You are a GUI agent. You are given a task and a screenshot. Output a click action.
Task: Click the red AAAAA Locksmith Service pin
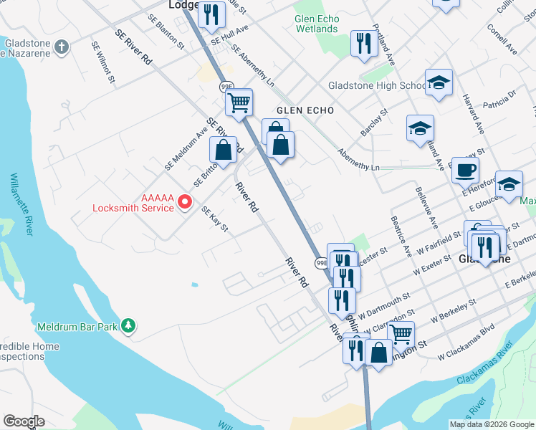tap(184, 202)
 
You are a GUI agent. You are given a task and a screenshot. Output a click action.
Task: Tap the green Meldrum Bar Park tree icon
tap(128, 326)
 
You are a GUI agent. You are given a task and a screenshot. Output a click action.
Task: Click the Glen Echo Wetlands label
tap(315, 24)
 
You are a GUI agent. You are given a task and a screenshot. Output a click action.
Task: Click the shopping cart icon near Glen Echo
tap(239, 103)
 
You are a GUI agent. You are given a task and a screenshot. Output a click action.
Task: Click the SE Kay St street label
tap(214, 219)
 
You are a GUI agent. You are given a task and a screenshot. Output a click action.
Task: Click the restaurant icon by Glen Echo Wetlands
tap(364, 44)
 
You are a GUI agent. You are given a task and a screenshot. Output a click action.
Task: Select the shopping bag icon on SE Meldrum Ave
tap(224, 150)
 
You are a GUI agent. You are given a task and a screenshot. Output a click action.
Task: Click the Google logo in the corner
tap(24, 421)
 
